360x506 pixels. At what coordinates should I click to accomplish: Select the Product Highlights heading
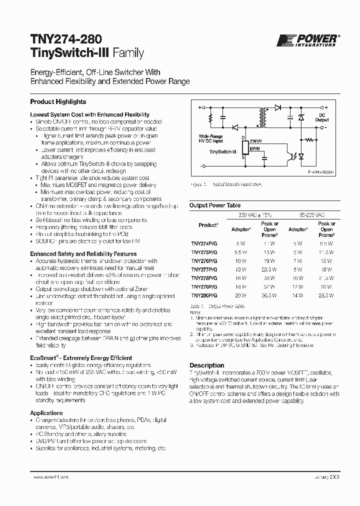pos(58,101)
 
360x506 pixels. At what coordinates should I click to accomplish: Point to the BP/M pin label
pos(255,149)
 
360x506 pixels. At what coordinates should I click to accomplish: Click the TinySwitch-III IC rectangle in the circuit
pos(244,148)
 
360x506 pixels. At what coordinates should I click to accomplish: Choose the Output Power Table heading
pos(214,205)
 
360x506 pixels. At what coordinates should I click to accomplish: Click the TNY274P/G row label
pos(203,243)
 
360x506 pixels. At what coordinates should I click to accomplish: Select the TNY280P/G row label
pos(203,296)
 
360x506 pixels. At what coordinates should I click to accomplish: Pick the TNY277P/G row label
pos(203,269)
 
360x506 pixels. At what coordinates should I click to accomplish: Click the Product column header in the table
pos(207,225)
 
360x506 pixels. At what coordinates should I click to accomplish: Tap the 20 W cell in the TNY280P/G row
pos(241,296)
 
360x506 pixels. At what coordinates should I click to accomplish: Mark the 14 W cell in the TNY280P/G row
pos(298,296)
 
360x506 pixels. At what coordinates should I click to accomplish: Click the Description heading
pos(206,365)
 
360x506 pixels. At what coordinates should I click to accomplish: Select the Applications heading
pos(46,413)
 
